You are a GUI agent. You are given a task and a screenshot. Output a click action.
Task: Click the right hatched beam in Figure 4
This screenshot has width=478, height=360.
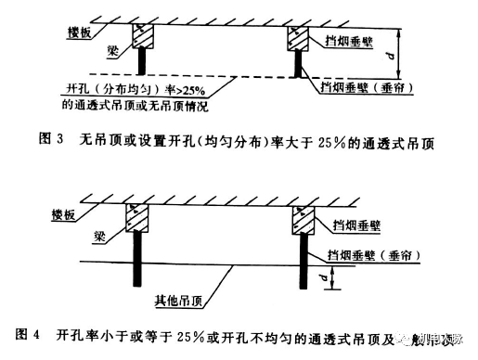(x=302, y=219)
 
